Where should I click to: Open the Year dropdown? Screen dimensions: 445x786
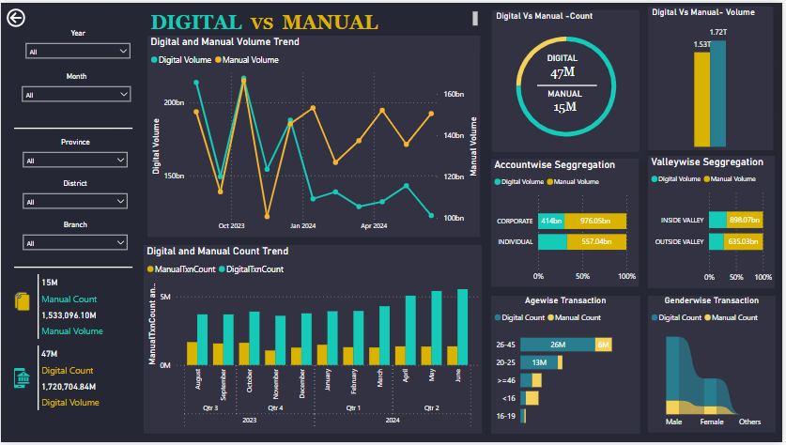(x=78, y=52)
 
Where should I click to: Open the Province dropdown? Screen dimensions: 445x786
(x=76, y=161)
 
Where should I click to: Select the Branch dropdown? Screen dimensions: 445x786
(x=76, y=243)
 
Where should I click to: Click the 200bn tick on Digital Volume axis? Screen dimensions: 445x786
(x=175, y=102)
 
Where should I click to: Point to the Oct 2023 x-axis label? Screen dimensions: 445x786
(x=231, y=225)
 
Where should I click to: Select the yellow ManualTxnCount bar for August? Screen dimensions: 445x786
(x=192, y=353)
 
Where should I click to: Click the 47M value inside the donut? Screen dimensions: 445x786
(x=563, y=72)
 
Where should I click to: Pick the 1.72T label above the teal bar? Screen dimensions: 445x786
(x=718, y=33)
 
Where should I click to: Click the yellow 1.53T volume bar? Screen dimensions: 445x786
(x=701, y=99)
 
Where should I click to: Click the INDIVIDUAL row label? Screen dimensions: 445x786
(x=515, y=241)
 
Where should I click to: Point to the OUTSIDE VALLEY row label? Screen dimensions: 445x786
(x=678, y=241)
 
